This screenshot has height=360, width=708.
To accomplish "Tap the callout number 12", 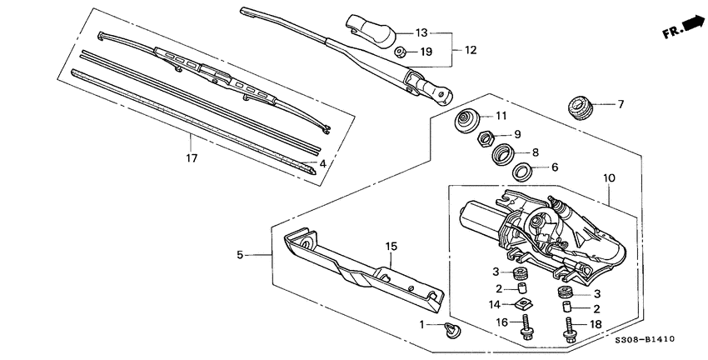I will tap(471, 50).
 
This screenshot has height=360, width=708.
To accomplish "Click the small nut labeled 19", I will tap(401, 52).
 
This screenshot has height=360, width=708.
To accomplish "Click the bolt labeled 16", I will tap(527, 327).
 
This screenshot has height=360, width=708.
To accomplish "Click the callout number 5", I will tap(241, 255).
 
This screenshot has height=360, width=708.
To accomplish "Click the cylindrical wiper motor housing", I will tap(478, 218).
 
